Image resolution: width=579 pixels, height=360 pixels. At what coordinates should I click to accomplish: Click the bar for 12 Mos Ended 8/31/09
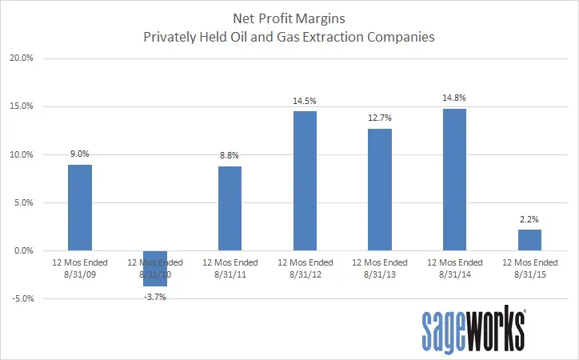tap(80, 207)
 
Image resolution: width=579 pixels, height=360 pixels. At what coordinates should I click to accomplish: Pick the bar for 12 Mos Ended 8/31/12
tap(305, 181)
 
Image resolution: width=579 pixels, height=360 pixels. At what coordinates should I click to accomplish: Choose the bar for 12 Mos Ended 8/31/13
tap(380, 190)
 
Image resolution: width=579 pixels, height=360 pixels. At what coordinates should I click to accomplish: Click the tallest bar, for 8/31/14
tap(454, 179)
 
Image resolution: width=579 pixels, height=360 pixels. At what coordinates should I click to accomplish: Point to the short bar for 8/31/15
tap(529, 240)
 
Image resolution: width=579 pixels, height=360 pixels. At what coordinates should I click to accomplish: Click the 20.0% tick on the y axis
tap(21, 58)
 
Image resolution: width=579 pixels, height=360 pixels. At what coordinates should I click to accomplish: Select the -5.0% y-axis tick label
tap(21, 299)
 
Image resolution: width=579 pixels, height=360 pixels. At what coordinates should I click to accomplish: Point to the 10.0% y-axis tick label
tap(21, 154)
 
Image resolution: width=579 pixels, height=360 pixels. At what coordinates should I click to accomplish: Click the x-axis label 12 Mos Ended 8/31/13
tap(380, 267)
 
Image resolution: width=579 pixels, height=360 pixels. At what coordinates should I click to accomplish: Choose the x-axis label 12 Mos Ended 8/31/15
tap(529, 267)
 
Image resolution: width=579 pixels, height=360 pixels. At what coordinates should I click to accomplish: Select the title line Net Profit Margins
tap(289, 16)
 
